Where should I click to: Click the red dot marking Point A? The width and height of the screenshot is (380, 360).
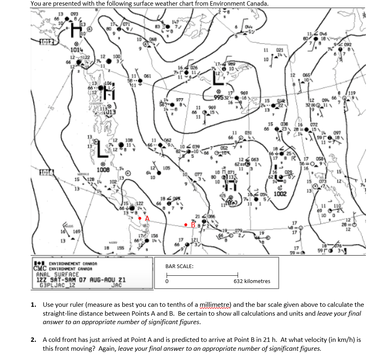tap(140, 218)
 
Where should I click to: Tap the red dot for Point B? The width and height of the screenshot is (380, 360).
tap(186, 224)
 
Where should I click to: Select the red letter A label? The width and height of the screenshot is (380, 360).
tap(147, 218)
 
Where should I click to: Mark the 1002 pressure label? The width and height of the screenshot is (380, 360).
tap(280, 194)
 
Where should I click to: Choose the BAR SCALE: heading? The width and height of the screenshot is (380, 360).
tap(179, 266)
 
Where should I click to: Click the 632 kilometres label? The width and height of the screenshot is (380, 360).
tap(252, 281)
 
